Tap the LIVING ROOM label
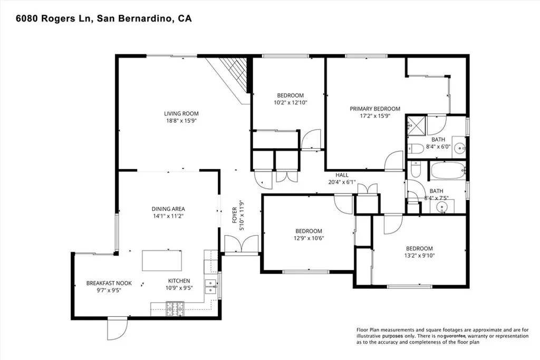click(181, 113)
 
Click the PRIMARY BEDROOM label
click(375, 109)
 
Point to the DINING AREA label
click(168, 209)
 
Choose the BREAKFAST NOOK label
click(109, 283)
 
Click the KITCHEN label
click(179, 281)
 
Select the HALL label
click(342, 176)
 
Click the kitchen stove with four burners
click(175, 308)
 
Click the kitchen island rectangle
click(161, 260)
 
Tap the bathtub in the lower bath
click(447, 171)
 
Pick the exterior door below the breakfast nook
click(116, 329)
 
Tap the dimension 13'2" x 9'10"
click(419, 256)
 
